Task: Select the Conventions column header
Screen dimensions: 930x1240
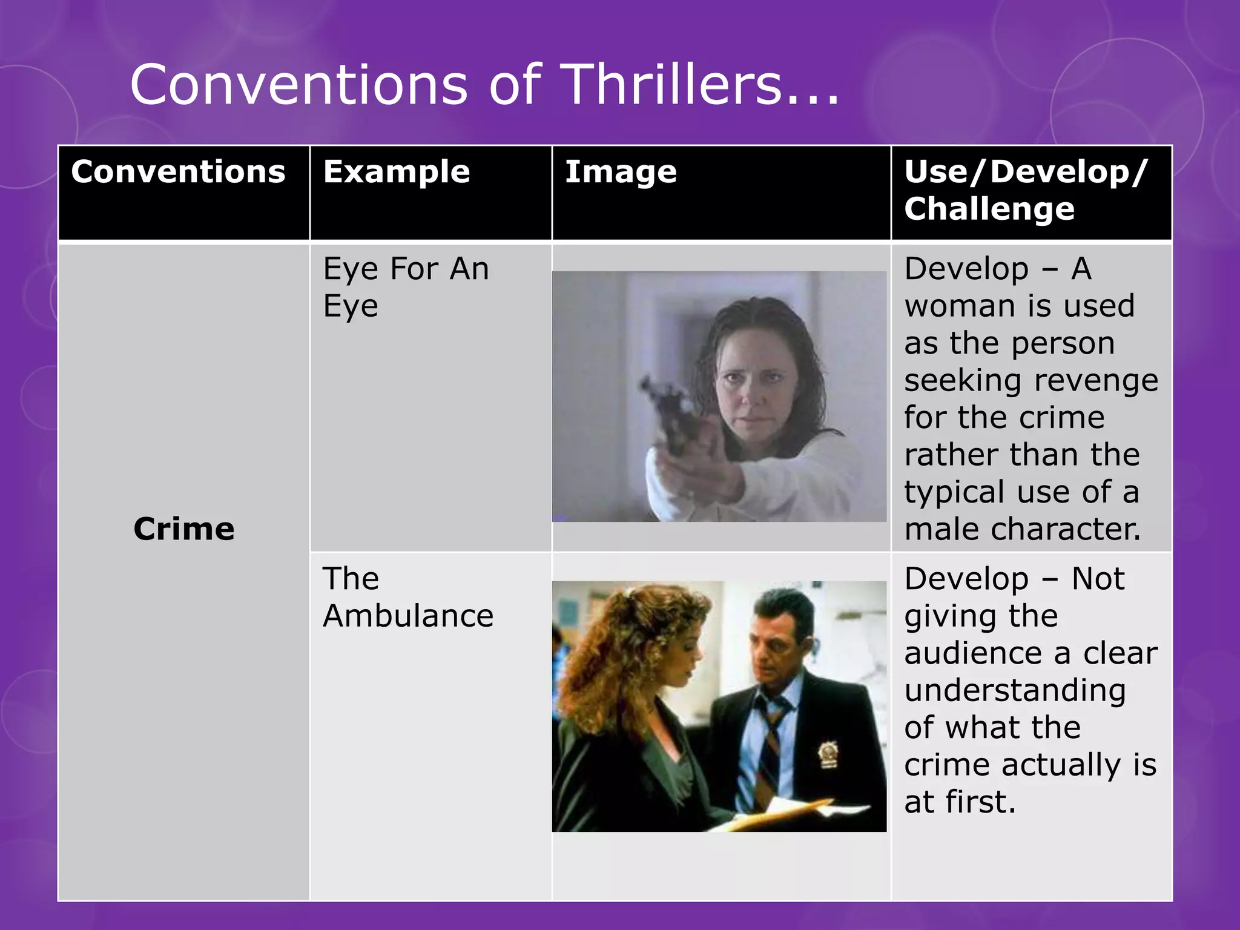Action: tap(178, 171)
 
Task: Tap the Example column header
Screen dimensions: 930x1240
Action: tap(397, 171)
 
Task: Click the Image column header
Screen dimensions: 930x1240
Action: tap(621, 172)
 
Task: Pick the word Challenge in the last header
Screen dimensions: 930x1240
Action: tap(989, 209)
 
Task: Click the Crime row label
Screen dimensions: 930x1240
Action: tap(184, 529)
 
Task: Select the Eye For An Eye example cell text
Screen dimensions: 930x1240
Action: tap(406, 286)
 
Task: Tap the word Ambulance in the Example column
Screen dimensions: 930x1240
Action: tap(408, 616)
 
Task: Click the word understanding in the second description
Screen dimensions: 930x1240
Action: tap(1015, 690)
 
